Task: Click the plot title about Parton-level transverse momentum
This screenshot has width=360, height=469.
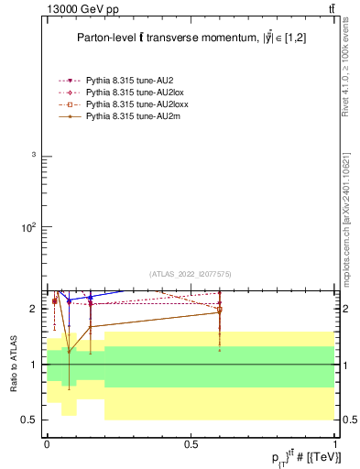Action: (x=191, y=38)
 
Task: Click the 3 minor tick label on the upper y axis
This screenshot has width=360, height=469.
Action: (x=33, y=156)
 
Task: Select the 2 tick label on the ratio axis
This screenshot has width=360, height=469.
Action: (x=32, y=309)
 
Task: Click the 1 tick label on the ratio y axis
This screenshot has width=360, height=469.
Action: (x=32, y=365)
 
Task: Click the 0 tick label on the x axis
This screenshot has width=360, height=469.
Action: (x=47, y=444)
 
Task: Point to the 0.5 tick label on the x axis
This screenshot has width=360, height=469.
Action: (x=191, y=444)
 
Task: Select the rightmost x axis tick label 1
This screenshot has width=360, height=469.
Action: (x=334, y=444)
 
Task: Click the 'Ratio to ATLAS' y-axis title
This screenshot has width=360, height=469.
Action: (x=14, y=364)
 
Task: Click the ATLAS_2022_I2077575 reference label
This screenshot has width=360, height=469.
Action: (x=191, y=274)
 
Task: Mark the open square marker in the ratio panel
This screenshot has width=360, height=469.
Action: (x=219, y=311)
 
